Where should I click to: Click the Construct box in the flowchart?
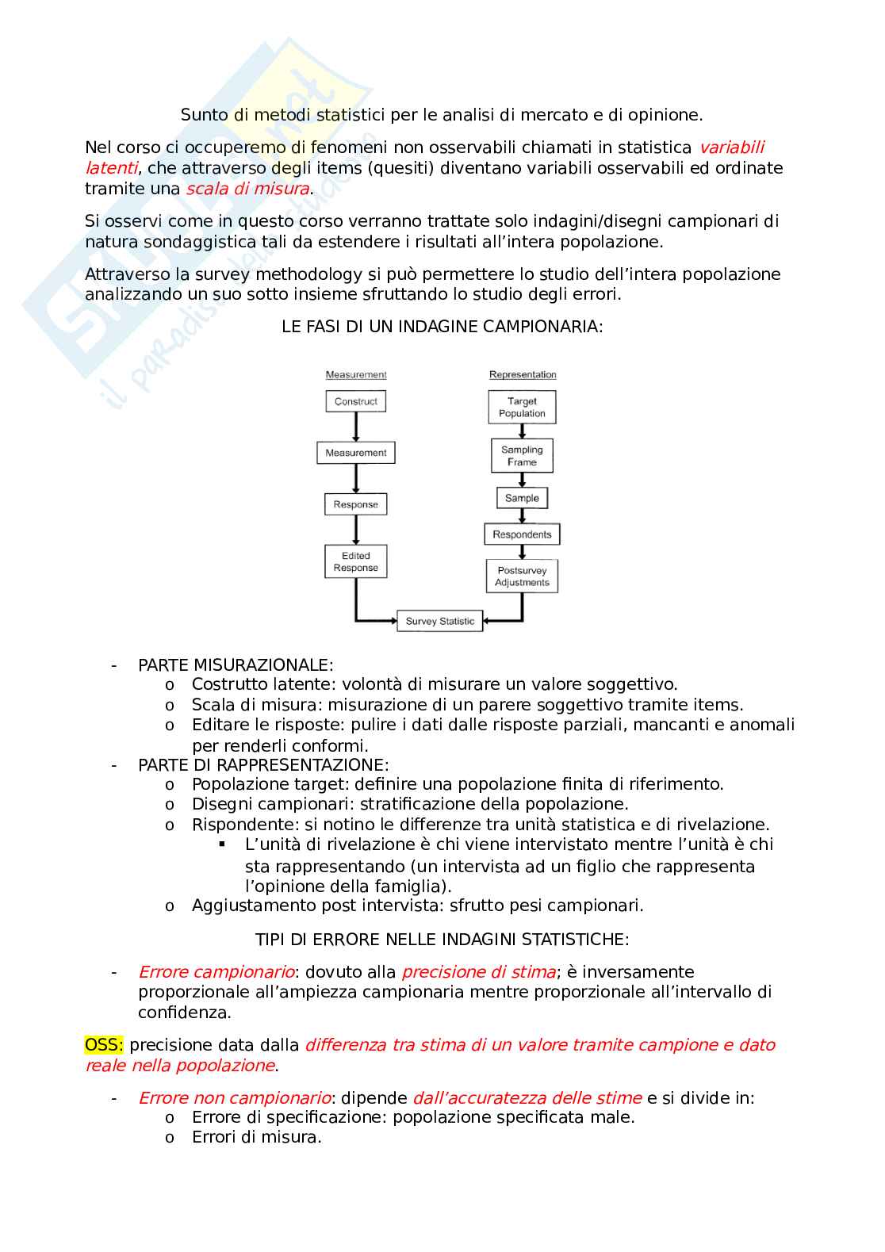[x=355, y=401]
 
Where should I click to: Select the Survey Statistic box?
[x=439, y=621]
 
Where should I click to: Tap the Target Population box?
[x=522, y=407]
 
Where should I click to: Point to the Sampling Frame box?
[x=522, y=456]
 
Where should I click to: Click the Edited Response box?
[x=355, y=561]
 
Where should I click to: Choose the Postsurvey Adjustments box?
[x=522, y=576]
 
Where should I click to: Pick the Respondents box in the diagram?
[x=522, y=534]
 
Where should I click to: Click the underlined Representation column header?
[x=523, y=374]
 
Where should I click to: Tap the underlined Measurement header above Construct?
[x=356, y=374]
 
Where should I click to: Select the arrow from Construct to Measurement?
[x=355, y=427]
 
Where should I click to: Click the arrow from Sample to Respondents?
[x=522, y=515]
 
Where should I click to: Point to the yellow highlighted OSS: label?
[x=104, y=1045]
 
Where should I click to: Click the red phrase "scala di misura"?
[x=247, y=189]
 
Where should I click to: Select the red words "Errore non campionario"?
[x=234, y=1097]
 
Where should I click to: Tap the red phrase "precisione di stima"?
[x=479, y=972]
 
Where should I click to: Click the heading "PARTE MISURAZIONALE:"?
[x=236, y=664]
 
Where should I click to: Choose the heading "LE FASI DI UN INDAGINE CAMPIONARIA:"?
[x=442, y=327]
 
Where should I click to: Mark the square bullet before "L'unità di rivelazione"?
[x=223, y=844]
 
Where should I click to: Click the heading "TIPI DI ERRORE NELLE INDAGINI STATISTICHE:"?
[x=442, y=940]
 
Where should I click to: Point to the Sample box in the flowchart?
[x=522, y=498]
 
